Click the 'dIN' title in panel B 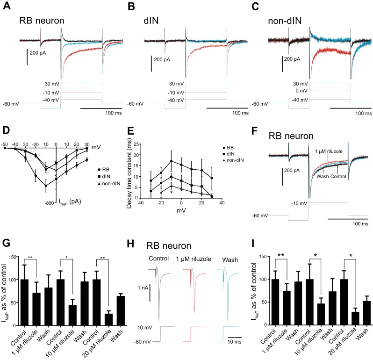[152, 21]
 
